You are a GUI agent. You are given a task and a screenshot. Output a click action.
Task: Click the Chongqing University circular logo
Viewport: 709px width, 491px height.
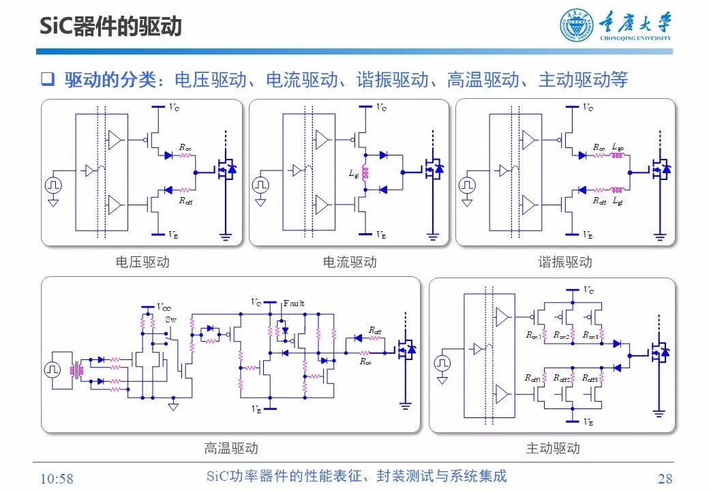coord(577,26)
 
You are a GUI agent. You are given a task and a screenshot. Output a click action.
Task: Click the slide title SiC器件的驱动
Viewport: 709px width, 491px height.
coord(109,26)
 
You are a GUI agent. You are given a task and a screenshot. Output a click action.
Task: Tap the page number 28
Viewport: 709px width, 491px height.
coord(665,478)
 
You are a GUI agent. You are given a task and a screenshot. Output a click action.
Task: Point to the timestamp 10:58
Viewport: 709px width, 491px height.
coord(57,478)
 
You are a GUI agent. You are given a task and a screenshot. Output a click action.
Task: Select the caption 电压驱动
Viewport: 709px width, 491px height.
coord(142,262)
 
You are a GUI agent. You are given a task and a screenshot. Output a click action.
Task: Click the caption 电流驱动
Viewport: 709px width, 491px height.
coord(349,262)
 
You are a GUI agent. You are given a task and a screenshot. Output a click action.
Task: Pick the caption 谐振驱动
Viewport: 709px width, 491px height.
coord(564,262)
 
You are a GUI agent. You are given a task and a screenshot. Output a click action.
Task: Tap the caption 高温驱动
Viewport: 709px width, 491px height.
coord(231,448)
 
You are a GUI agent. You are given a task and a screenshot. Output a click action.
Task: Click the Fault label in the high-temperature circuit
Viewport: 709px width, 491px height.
coord(294,303)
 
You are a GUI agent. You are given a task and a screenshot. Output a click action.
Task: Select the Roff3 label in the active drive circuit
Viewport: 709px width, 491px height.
coord(590,378)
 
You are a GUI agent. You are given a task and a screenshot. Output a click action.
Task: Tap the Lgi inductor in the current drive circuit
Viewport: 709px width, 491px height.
coord(364,174)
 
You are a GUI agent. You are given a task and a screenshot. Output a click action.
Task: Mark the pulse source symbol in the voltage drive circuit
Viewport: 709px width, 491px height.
coord(53,185)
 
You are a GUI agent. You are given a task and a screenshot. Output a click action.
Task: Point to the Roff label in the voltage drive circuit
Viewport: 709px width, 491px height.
coord(185,201)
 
